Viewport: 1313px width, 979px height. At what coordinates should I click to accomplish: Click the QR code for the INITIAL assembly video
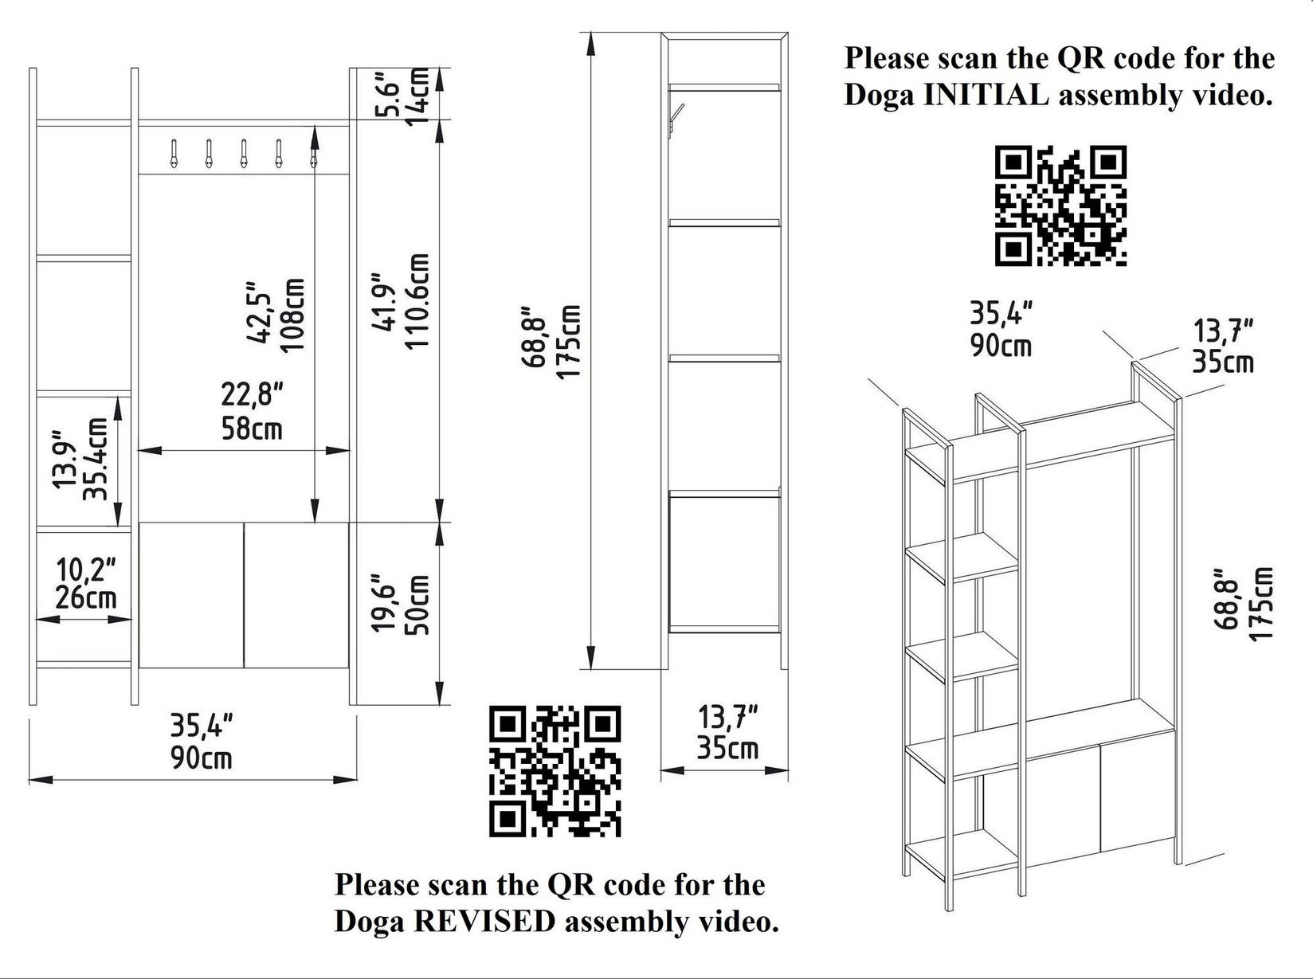pyautogui.click(x=1060, y=206)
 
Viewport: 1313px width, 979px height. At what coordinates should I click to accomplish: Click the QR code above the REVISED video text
pyautogui.click(x=555, y=771)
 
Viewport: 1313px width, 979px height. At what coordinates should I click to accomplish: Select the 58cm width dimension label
pyautogui.click(x=252, y=429)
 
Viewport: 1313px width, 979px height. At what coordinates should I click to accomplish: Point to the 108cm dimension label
pyautogui.click(x=292, y=315)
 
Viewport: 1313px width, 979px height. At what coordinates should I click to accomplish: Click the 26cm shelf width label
pyautogui.click(x=86, y=597)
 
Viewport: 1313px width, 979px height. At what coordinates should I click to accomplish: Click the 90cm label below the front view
pyautogui.click(x=201, y=758)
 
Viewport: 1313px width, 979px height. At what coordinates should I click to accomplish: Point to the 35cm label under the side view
pyautogui.click(x=727, y=749)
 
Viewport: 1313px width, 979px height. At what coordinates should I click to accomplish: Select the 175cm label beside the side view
pyautogui.click(x=568, y=343)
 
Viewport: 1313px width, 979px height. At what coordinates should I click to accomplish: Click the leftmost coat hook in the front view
pyautogui.click(x=173, y=154)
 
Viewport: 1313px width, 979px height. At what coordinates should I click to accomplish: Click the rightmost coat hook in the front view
pyautogui.click(x=314, y=154)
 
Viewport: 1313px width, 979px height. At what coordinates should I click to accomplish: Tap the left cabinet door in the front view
pyautogui.click(x=190, y=595)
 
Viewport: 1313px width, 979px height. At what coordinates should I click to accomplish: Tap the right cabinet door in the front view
pyautogui.click(x=296, y=595)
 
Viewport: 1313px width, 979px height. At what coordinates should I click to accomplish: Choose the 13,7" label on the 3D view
pyautogui.click(x=1223, y=330)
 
